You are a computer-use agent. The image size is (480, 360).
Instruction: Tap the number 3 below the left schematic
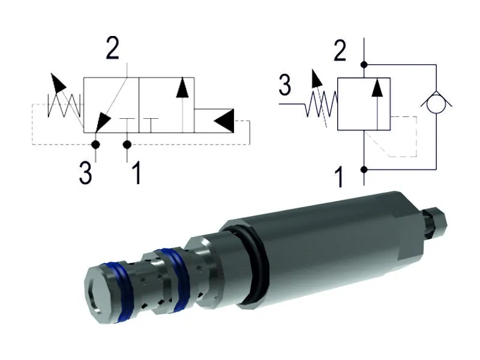click(x=86, y=173)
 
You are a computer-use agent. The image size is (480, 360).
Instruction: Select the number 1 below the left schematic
click(x=136, y=173)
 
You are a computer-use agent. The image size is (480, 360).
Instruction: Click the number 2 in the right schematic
click(x=340, y=51)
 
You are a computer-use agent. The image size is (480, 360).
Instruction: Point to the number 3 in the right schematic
click(x=285, y=86)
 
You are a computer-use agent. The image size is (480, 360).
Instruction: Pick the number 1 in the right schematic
click(x=340, y=178)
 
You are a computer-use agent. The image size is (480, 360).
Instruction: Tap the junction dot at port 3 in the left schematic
click(x=95, y=145)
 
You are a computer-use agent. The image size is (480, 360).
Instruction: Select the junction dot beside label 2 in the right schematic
click(x=364, y=64)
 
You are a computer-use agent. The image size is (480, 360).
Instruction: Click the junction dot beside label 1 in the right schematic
click(x=364, y=170)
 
